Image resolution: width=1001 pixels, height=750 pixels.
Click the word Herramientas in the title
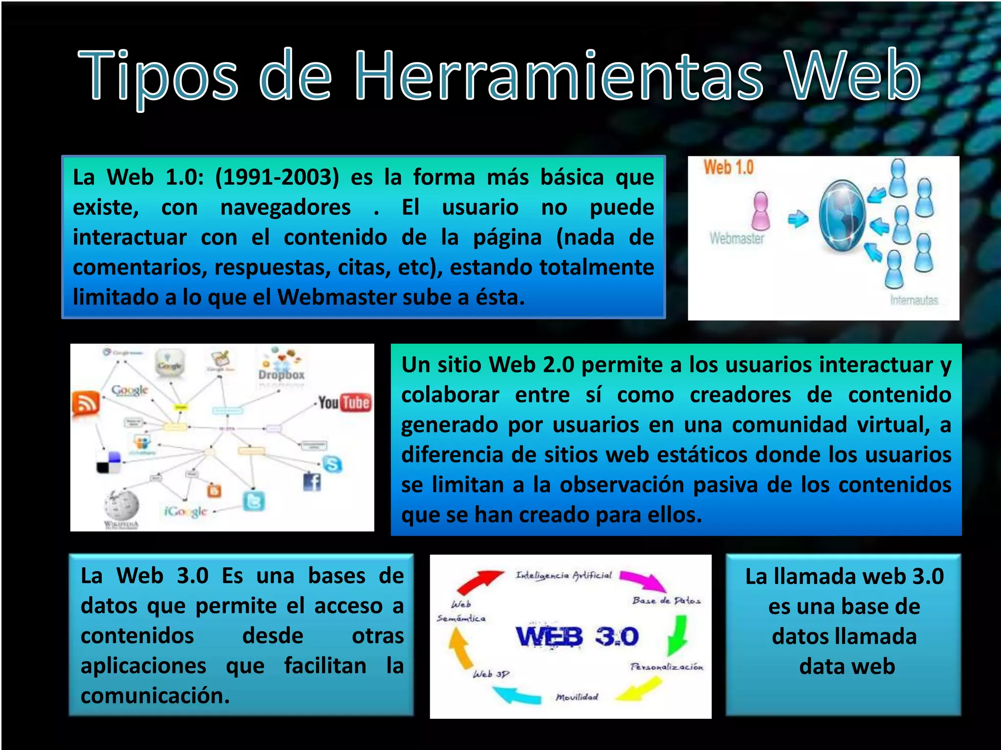click(558, 76)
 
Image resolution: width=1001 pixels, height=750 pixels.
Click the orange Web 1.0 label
click(728, 167)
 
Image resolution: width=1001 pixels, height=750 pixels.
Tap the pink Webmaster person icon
click(761, 211)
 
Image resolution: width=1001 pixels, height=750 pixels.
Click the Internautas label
click(914, 300)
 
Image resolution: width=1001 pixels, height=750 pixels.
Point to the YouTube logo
click(345, 403)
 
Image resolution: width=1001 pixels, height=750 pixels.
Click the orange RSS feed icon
click(86, 404)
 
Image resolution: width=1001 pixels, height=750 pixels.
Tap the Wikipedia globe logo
click(121, 505)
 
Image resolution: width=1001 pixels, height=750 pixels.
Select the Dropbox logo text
click(281, 375)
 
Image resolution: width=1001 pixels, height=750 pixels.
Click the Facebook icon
click(312, 482)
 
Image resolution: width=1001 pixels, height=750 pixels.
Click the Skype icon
click(332, 464)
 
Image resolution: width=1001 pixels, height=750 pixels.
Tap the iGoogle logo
click(186, 511)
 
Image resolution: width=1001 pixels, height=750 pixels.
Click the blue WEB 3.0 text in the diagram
click(577, 637)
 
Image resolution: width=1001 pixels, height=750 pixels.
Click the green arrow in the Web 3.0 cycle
click(678, 635)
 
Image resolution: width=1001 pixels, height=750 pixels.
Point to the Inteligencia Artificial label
click(564, 576)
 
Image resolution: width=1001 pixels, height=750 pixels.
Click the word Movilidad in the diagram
click(577, 697)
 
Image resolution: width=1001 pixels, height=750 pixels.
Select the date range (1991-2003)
click(277, 177)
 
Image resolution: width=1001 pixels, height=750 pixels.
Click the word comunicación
click(155, 695)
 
